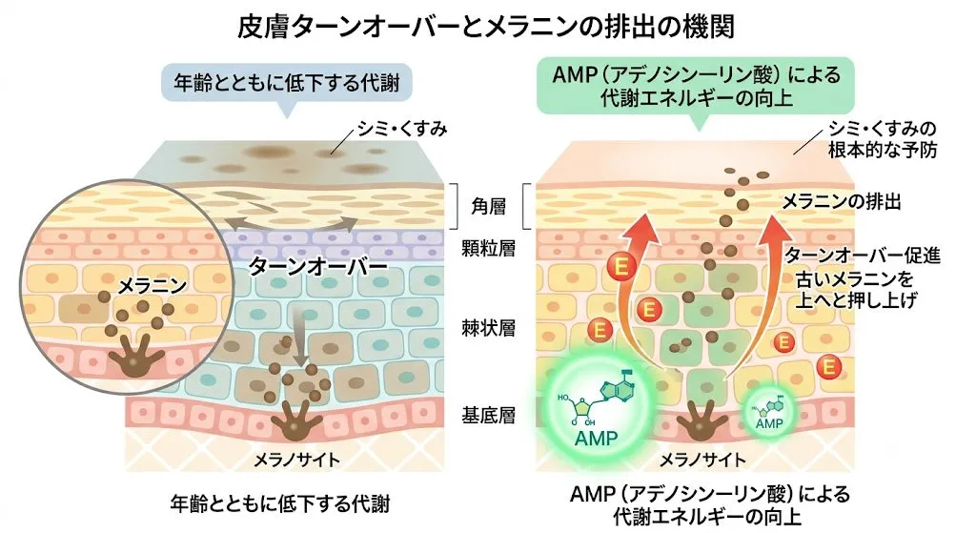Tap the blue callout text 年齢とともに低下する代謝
286,82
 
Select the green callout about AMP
696,87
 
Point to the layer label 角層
489,206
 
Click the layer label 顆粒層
489,249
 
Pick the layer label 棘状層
489,327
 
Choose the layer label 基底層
489,415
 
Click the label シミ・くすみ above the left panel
402,129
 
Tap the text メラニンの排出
841,202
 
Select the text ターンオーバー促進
863,255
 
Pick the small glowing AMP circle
769,410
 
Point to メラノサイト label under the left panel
296,460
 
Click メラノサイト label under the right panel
702,460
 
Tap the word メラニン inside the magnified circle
152,286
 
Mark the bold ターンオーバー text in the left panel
317,267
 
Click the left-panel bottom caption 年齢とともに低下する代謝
279,503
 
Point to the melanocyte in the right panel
702,420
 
